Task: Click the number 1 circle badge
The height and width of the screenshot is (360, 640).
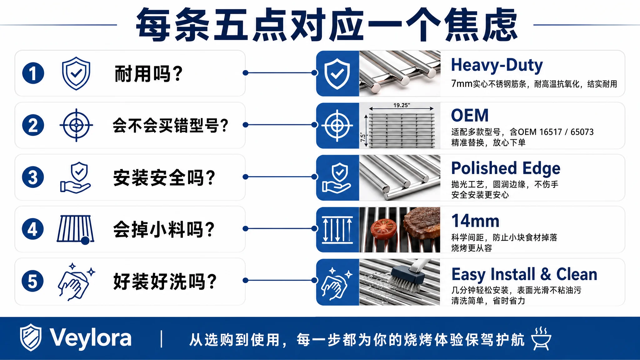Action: click(x=33, y=73)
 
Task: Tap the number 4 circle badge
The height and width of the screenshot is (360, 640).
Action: click(x=33, y=229)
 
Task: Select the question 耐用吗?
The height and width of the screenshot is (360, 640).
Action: click(x=149, y=74)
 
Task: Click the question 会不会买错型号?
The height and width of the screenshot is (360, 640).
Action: click(x=171, y=125)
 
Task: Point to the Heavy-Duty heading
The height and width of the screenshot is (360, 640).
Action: click(x=497, y=65)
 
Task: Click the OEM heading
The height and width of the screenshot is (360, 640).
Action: click(x=470, y=115)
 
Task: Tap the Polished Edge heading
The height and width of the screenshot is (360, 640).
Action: click(x=506, y=168)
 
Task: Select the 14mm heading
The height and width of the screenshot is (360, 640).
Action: click(x=475, y=221)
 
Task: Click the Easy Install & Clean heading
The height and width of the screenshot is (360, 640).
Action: click(x=524, y=274)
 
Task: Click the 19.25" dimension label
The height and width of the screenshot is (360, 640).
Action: click(x=402, y=105)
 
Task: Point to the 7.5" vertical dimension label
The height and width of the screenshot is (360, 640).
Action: click(x=363, y=137)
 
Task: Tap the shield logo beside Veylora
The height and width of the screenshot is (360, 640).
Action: click(x=31, y=337)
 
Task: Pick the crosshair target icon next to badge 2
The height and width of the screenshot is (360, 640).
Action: click(x=76, y=125)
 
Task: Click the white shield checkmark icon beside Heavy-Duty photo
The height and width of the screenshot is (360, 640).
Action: click(x=337, y=73)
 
